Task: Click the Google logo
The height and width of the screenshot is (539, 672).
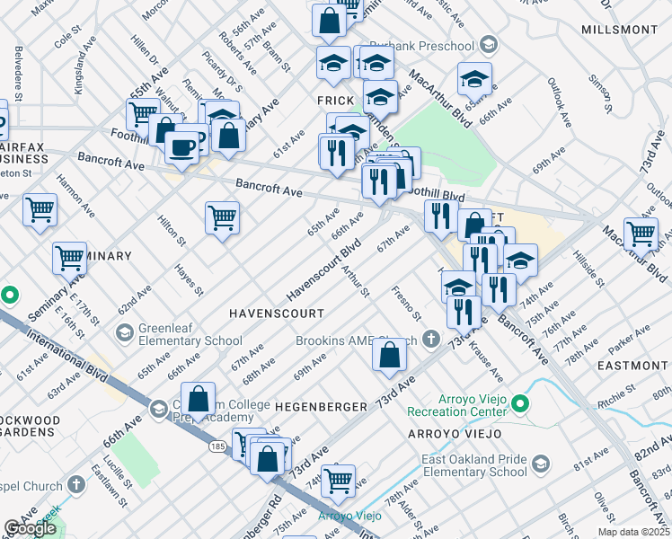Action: pos(30,528)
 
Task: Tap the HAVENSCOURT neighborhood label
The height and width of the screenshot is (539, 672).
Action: pos(275,312)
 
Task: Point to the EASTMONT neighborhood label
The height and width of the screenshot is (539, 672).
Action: pos(632,366)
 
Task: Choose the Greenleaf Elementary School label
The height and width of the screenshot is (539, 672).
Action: pos(183,334)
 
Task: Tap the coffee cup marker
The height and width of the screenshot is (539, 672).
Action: pos(182,146)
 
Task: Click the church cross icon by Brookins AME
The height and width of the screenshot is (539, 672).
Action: pos(431,340)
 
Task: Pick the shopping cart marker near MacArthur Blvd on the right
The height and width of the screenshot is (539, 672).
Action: pos(641,233)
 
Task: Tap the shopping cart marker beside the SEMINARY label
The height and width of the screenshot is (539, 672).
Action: pos(69,258)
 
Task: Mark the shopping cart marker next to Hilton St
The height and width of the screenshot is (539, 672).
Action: pos(222,216)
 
